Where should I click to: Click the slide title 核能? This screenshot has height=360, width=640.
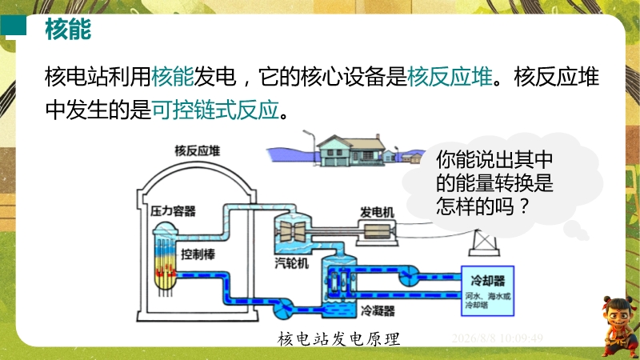click(x=68, y=29)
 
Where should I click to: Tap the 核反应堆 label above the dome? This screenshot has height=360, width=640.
click(x=198, y=150)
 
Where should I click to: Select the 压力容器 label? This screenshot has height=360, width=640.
click(x=173, y=211)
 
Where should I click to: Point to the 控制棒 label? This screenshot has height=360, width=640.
click(x=198, y=254)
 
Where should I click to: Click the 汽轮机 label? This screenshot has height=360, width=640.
click(x=291, y=263)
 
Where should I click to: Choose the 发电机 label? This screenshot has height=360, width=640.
click(x=377, y=212)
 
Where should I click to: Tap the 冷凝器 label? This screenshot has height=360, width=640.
click(x=378, y=311)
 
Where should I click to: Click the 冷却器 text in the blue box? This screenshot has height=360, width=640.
click(x=488, y=281)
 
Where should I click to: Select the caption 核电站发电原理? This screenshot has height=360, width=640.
click(x=338, y=338)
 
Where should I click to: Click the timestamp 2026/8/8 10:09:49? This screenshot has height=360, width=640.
click(x=497, y=338)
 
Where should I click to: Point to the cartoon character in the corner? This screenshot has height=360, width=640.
click(x=620, y=326)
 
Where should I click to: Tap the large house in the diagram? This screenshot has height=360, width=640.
click(x=351, y=151)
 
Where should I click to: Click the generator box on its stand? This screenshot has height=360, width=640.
click(x=377, y=233)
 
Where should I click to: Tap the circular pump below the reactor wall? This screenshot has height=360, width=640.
click(x=283, y=309)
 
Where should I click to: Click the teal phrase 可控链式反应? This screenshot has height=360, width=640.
click(x=216, y=110)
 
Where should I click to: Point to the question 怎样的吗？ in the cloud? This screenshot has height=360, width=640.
click(x=482, y=206)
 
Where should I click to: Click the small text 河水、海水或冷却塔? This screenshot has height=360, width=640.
click(x=488, y=300)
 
